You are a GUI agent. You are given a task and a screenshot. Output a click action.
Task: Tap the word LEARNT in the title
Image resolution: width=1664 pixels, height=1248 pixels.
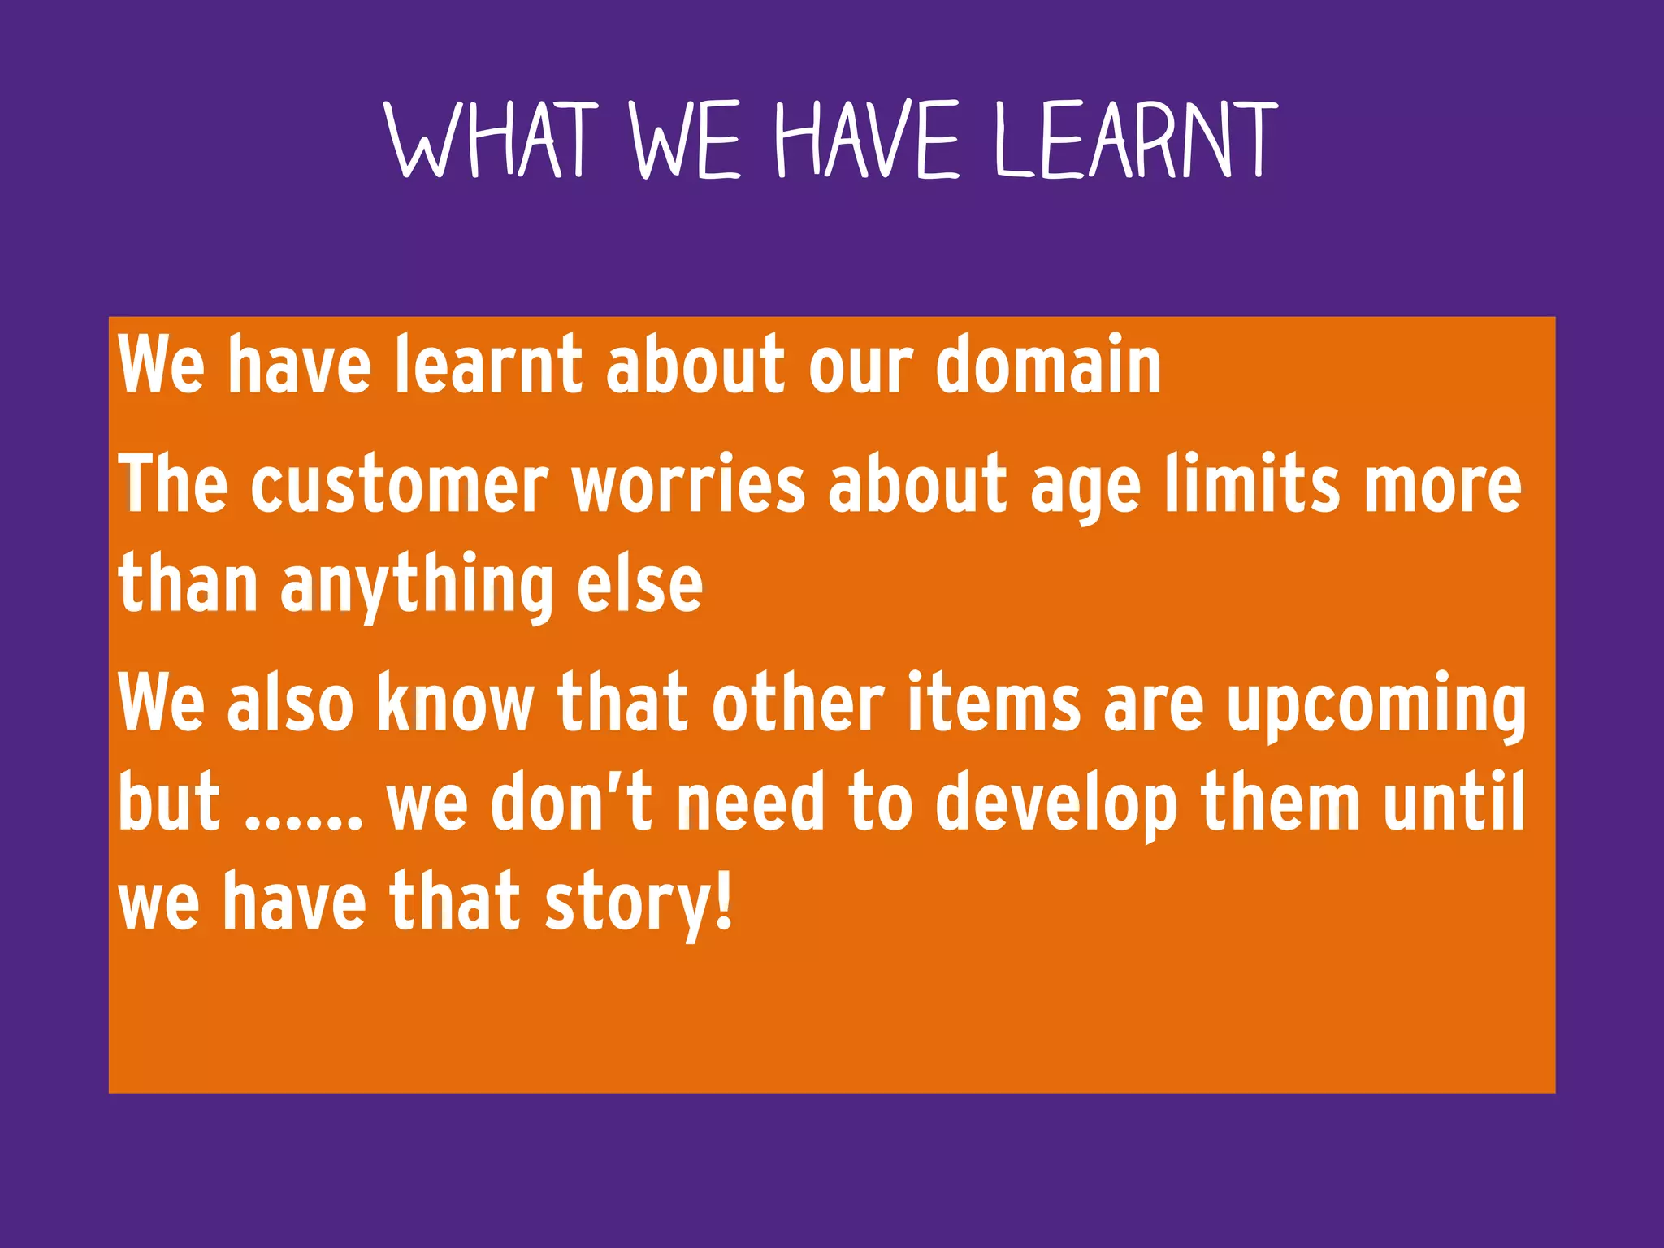coord(1137,140)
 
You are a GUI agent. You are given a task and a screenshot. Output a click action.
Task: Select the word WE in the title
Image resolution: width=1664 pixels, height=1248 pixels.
coord(684,140)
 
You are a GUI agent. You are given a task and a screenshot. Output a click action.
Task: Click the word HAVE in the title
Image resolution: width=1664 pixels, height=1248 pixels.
coord(867,140)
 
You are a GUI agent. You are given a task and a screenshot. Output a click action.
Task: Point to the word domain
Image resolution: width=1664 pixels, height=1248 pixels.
coord(1048,366)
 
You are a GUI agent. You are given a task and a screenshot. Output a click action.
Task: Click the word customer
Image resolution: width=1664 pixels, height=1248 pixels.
coord(399,486)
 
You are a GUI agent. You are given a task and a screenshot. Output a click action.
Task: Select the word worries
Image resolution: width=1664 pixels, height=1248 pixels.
coord(688,486)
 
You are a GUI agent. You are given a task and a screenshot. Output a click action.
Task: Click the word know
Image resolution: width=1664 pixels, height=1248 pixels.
coord(455,703)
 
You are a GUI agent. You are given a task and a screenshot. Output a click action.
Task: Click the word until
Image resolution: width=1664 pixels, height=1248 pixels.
coord(1454,803)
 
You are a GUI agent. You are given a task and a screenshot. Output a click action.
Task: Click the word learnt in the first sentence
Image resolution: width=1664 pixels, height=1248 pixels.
coord(488,366)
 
